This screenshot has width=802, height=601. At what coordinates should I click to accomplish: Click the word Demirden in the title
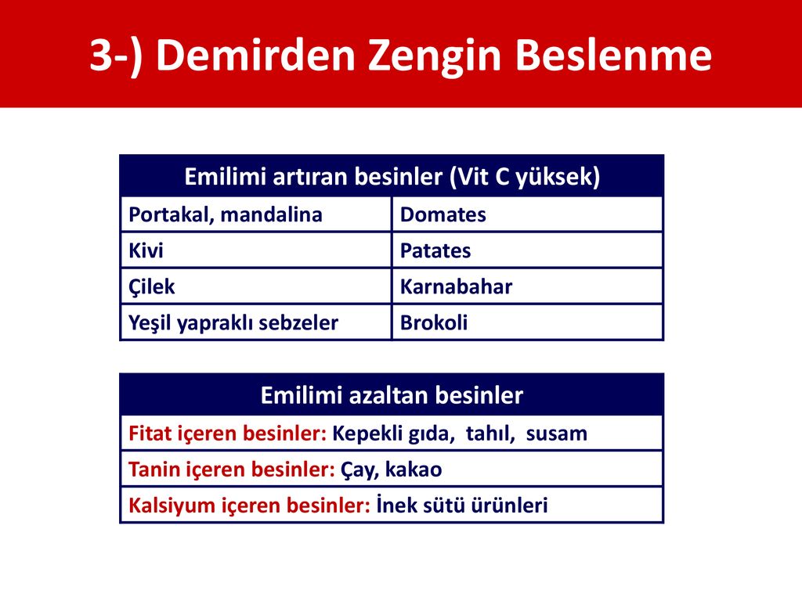(255, 55)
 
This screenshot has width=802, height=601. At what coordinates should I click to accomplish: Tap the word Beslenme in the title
(613, 55)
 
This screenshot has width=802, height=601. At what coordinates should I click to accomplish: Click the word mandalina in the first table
(272, 214)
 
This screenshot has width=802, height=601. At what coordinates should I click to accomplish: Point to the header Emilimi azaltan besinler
(392, 395)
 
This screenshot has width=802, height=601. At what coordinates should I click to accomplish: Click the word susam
(557, 434)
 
